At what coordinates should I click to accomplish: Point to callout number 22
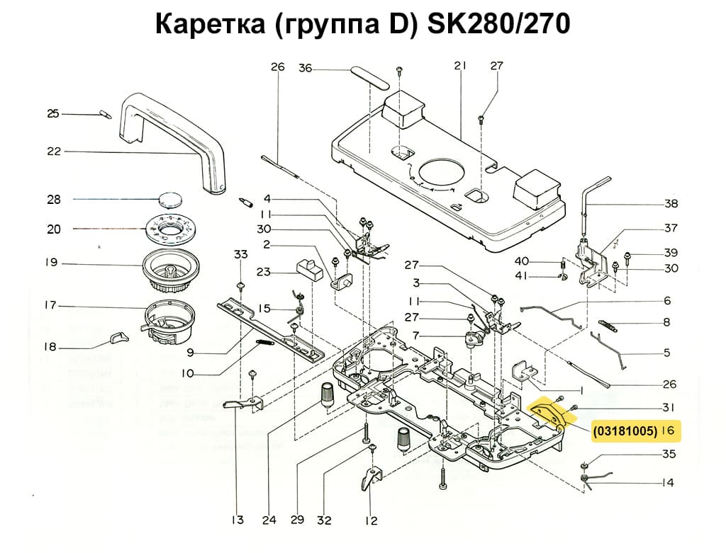click(x=54, y=151)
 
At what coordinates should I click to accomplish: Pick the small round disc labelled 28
click(x=170, y=199)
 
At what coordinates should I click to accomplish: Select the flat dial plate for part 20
click(x=170, y=229)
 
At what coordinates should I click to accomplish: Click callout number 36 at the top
click(x=305, y=68)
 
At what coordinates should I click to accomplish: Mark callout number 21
click(x=459, y=66)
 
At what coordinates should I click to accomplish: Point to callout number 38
click(x=671, y=204)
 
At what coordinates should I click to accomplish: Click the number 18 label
click(x=51, y=348)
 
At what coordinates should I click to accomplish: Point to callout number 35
click(x=669, y=454)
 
